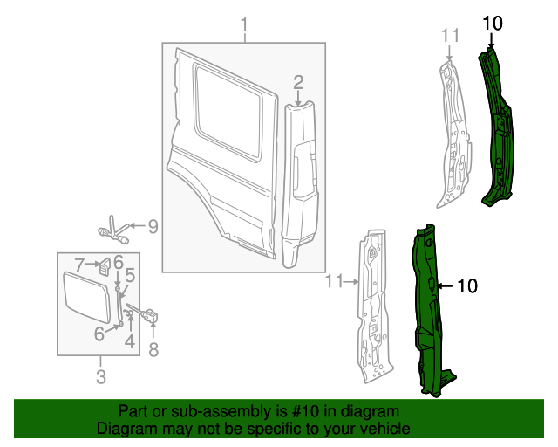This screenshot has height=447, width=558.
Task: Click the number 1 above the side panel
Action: point(244,23)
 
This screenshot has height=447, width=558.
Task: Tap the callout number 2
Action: point(298,83)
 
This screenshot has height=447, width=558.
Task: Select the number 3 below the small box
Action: point(100,377)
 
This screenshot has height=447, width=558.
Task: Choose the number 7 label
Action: point(78,263)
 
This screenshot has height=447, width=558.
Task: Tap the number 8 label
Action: point(154,350)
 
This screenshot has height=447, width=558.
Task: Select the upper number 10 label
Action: point(493,24)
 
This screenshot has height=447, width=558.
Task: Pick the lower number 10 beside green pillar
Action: point(467,285)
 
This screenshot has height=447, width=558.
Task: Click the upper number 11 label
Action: point(449,35)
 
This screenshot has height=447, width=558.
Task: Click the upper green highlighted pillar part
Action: point(496,131)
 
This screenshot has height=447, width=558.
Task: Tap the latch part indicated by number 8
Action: point(151,314)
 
